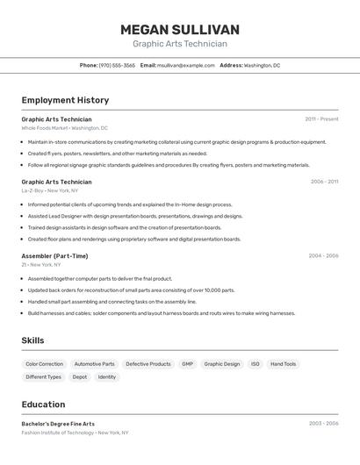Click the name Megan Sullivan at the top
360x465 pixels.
pos(179,29)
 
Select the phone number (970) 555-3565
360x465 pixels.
pos(117,65)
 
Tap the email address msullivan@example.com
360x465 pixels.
pos(186,65)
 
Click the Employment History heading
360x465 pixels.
pos(65,101)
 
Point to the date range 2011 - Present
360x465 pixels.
pos(321,119)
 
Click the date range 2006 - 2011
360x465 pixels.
pos(324,182)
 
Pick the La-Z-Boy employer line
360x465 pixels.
pos(50,190)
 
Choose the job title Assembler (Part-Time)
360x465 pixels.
pos(54,256)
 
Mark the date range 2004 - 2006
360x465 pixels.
pos(323,256)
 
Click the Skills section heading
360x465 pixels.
pos(32,340)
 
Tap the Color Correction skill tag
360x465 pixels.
pos(44,364)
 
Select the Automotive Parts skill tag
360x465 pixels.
pos(94,364)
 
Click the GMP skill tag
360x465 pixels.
pos(187,364)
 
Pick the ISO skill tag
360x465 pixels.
pos(256,364)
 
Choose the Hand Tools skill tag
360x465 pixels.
pos(283,364)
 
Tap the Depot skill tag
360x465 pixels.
pos(79,377)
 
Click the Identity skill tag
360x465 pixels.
pos(106,377)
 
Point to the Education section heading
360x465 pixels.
pos(43,404)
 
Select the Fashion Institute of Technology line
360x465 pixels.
pos(75,433)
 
